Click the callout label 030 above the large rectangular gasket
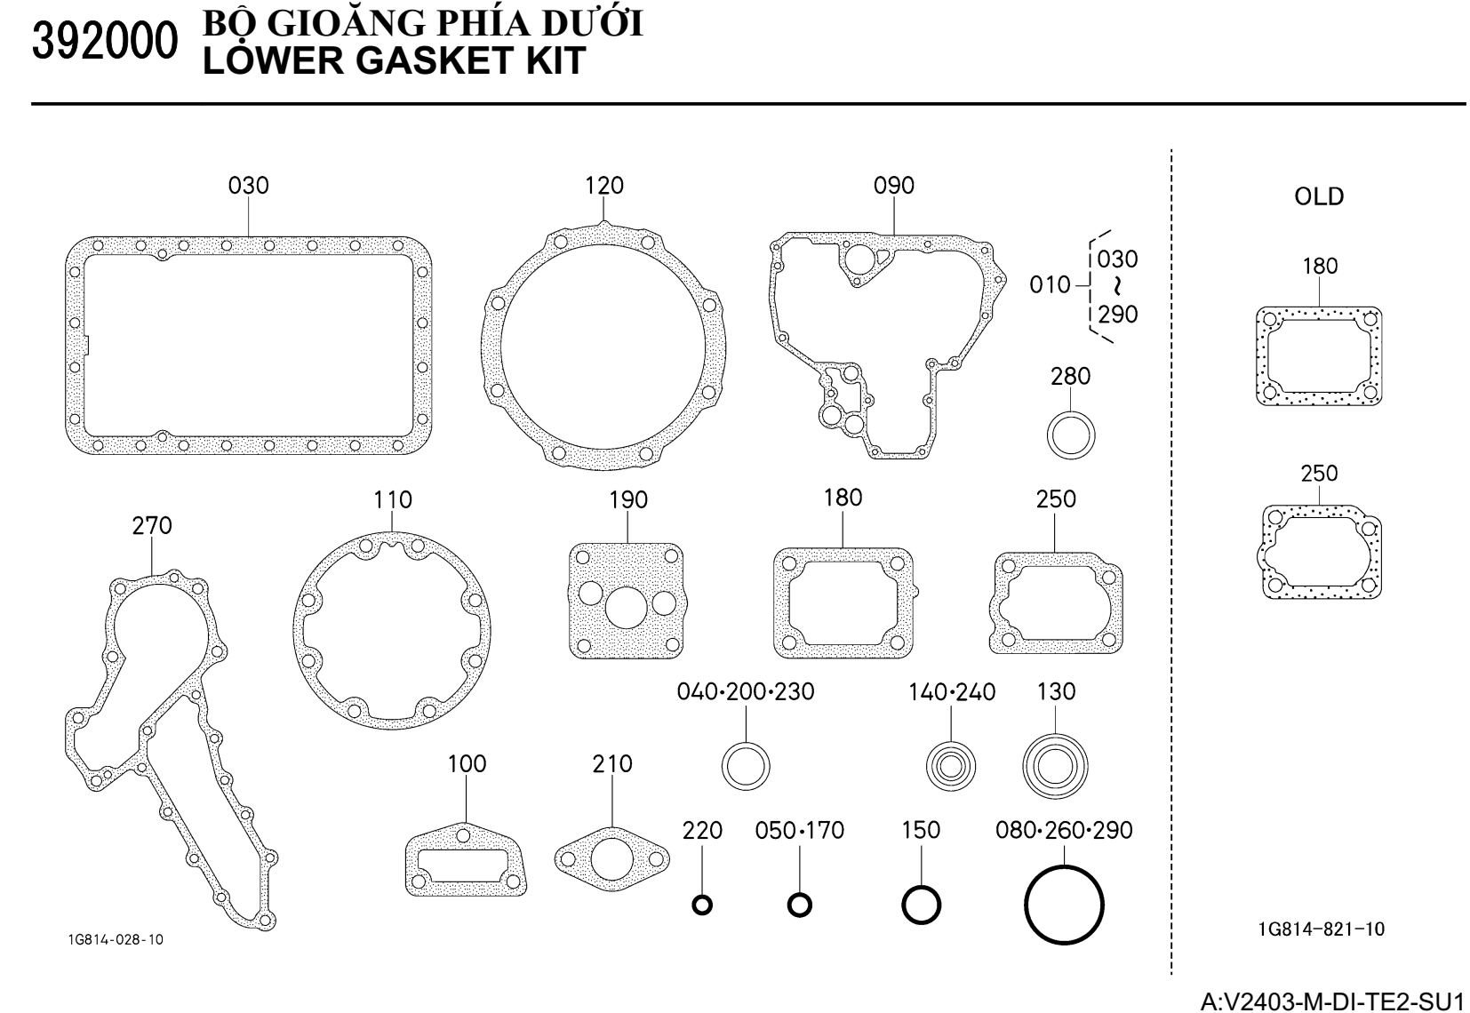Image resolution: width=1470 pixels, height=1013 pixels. tap(249, 186)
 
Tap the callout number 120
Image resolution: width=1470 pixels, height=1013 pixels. tap(604, 186)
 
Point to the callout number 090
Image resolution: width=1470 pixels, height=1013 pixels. tap(894, 186)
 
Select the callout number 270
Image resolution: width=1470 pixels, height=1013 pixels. tap(152, 526)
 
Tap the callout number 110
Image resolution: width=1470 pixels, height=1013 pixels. tap(393, 500)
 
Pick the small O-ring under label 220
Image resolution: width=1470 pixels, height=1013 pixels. tap(702, 905)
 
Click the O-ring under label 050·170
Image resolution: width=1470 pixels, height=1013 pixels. tap(799, 905)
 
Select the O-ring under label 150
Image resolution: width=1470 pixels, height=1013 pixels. tap(921, 905)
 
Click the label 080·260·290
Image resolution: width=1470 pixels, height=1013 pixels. tap(1064, 831)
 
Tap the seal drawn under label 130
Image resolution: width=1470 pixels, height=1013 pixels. tap(1055, 764)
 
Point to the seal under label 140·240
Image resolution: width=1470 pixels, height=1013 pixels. tap(951, 764)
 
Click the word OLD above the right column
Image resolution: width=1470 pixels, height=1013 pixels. tap(1319, 196)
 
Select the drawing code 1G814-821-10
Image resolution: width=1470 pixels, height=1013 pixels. tap(1321, 929)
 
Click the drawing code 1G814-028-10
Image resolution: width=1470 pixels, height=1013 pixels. tap(116, 940)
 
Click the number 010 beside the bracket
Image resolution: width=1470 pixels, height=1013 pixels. tap(1050, 285)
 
